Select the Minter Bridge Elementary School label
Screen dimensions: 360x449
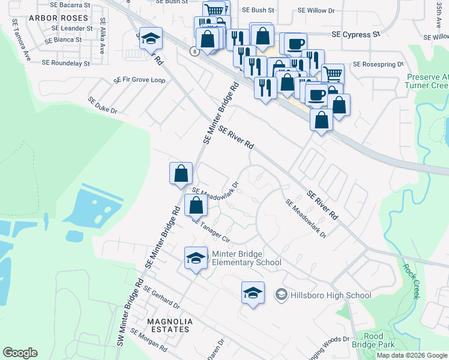(x=246, y=258)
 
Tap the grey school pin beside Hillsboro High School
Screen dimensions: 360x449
(x=280, y=295)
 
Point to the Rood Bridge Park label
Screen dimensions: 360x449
(x=373, y=340)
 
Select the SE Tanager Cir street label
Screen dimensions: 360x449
(x=211, y=229)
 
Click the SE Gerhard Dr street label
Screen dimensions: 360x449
(x=161, y=296)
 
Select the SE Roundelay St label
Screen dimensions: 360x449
(x=65, y=62)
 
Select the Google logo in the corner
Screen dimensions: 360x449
(x=20, y=353)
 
